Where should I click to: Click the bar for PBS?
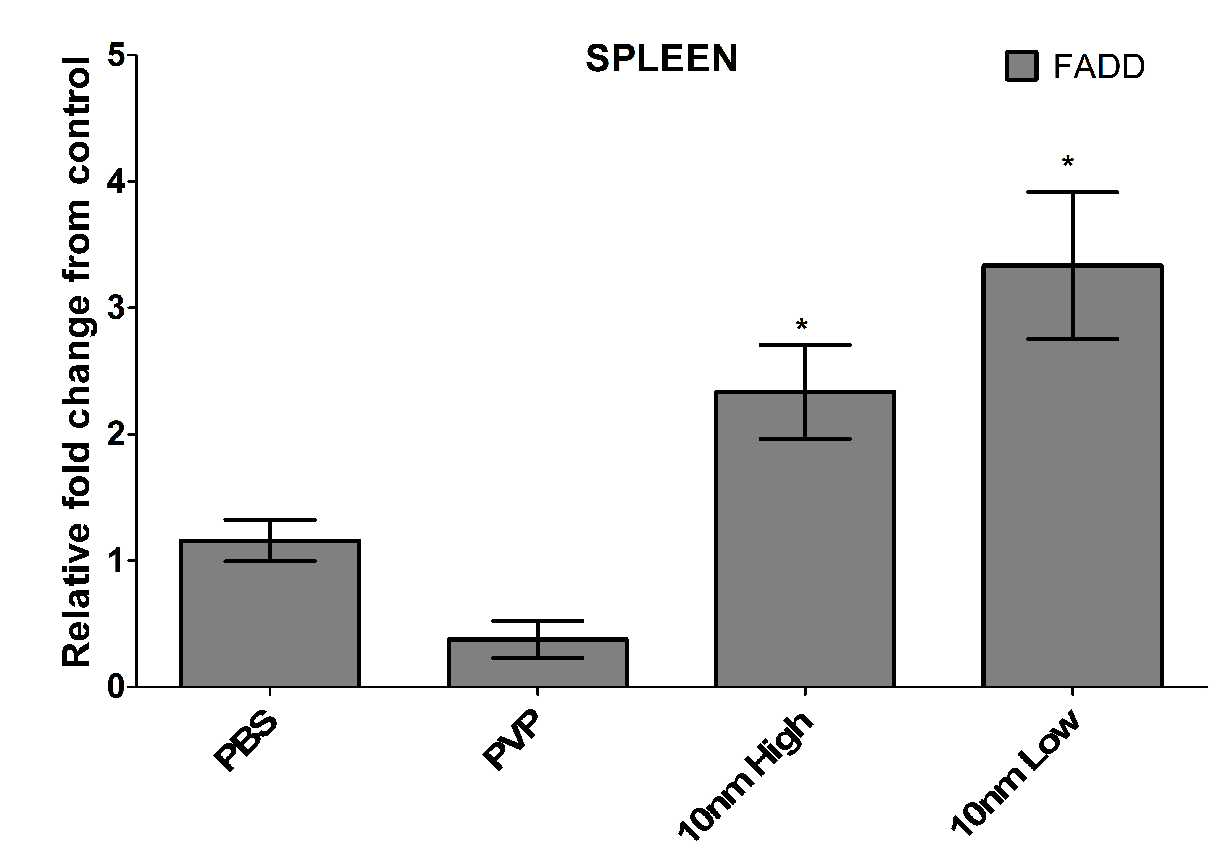point(270,618)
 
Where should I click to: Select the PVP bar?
point(537,667)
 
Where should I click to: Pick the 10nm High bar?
point(805,560)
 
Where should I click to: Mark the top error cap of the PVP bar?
point(537,621)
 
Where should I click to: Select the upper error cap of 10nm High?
point(805,345)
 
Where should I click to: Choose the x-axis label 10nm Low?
point(1017,776)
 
